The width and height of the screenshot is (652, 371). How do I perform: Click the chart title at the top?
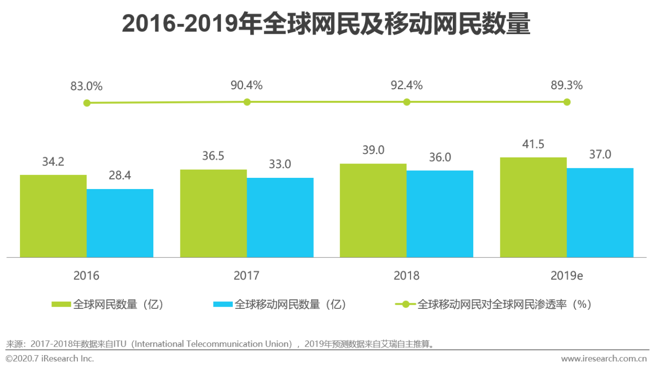coord(326,23)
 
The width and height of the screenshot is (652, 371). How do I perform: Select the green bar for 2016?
coord(53,216)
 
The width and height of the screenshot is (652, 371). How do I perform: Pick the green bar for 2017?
coord(213,214)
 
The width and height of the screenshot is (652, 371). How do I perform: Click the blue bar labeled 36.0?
coord(440,214)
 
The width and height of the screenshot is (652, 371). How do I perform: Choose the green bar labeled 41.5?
coord(533,207)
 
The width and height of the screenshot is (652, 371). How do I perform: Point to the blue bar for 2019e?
coord(600,213)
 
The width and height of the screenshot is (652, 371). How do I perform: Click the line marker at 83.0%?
coord(87,103)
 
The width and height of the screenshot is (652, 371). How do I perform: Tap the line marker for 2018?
coord(406,102)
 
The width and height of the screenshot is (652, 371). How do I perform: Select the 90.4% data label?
coord(247,86)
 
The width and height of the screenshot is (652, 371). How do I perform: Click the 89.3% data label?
coord(566,86)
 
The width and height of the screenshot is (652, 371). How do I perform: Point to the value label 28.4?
coord(120,176)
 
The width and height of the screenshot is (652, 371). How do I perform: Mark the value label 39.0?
coord(373,150)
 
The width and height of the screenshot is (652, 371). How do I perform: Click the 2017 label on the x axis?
coord(247,276)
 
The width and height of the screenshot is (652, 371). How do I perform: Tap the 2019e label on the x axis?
coord(566,276)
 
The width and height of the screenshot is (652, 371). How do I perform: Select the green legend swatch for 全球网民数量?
coord(61,305)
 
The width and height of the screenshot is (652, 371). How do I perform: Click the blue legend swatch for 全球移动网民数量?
coord(223,305)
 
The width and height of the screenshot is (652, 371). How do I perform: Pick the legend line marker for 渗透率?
coord(405,305)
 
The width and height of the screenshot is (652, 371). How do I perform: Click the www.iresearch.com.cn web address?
coord(604,358)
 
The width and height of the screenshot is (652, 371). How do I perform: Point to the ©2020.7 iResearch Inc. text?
coord(49,358)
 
